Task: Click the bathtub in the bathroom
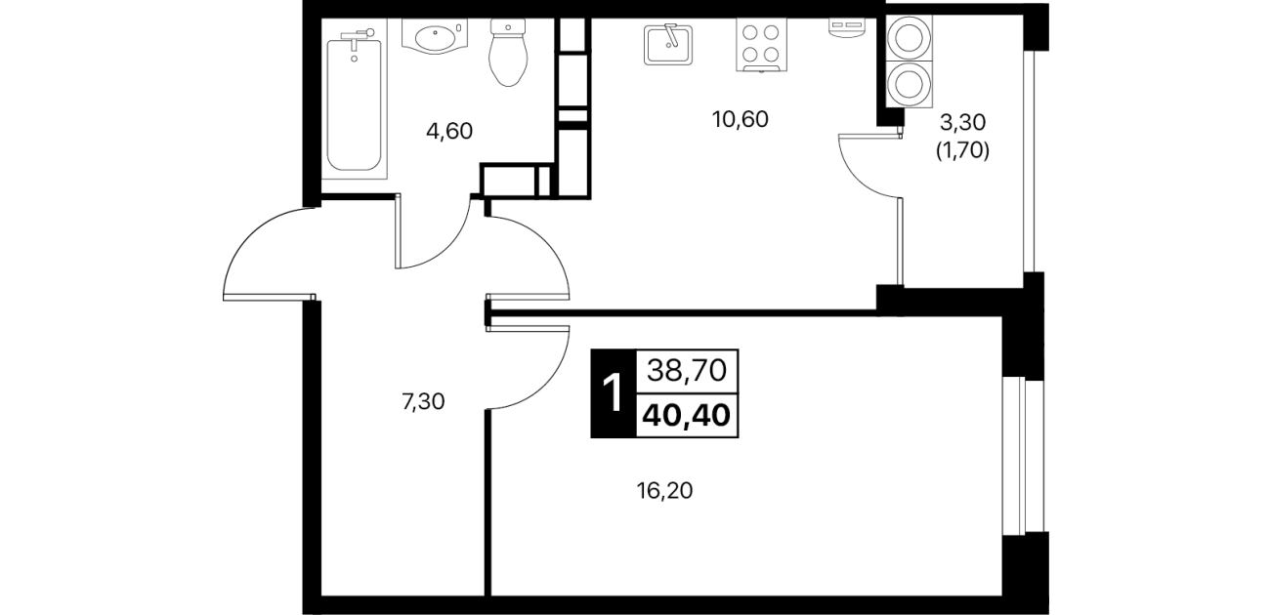click(x=355, y=103)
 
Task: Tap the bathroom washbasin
click(x=434, y=37)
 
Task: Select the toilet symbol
click(x=508, y=53)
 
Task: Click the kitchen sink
click(x=668, y=44)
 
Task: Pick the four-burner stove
click(x=761, y=45)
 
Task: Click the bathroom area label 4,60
click(x=449, y=132)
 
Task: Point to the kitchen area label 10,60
click(x=740, y=120)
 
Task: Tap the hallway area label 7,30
click(x=423, y=402)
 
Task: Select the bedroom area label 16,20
click(x=664, y=491)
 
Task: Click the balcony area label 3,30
click(x=963, y=121)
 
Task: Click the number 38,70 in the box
click(x=687, y=371)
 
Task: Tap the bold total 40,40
click(x=687, y=416)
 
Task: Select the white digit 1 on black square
click(x=613, y=393)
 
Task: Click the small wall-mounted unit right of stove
click(x=846, y=27)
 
